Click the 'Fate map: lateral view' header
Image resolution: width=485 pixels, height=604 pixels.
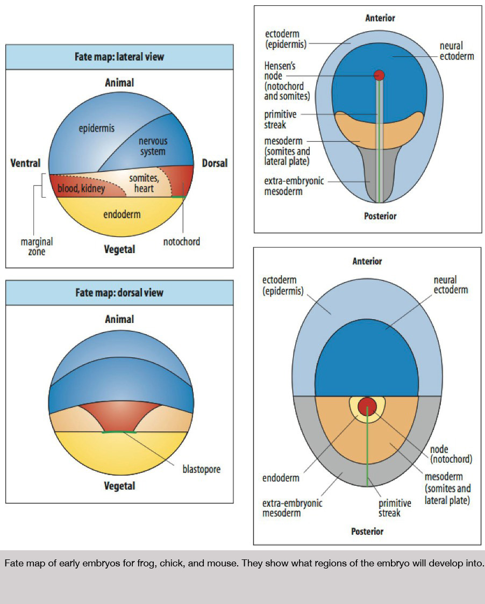pos(119,56)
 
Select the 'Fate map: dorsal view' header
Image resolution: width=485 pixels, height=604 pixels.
pos(119,293)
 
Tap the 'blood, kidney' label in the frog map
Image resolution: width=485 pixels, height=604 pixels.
pos(81,189)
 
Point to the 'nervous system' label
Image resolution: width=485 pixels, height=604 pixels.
pos(153,146)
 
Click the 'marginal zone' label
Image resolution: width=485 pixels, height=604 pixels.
pos(37,247)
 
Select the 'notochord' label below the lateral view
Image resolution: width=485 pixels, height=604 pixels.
pos(182,242)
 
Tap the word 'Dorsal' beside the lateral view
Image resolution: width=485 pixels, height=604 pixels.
pos(215,163)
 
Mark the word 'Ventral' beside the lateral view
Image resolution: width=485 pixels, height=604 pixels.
pos(25,163)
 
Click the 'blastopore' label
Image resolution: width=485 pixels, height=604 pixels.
pos(201,469)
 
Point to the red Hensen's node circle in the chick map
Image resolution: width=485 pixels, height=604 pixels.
pos(379,75)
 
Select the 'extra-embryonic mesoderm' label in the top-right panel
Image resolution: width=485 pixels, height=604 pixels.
pos(294,186)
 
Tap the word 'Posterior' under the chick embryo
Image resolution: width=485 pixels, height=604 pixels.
pos(380,216)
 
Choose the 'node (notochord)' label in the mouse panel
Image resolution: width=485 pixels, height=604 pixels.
pos(451,454)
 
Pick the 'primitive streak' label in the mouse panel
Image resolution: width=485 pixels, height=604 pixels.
pos(395,508)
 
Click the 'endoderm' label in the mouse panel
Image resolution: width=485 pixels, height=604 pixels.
pos(281,478)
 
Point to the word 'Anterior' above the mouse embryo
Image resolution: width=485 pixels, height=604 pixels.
pos(367,261)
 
